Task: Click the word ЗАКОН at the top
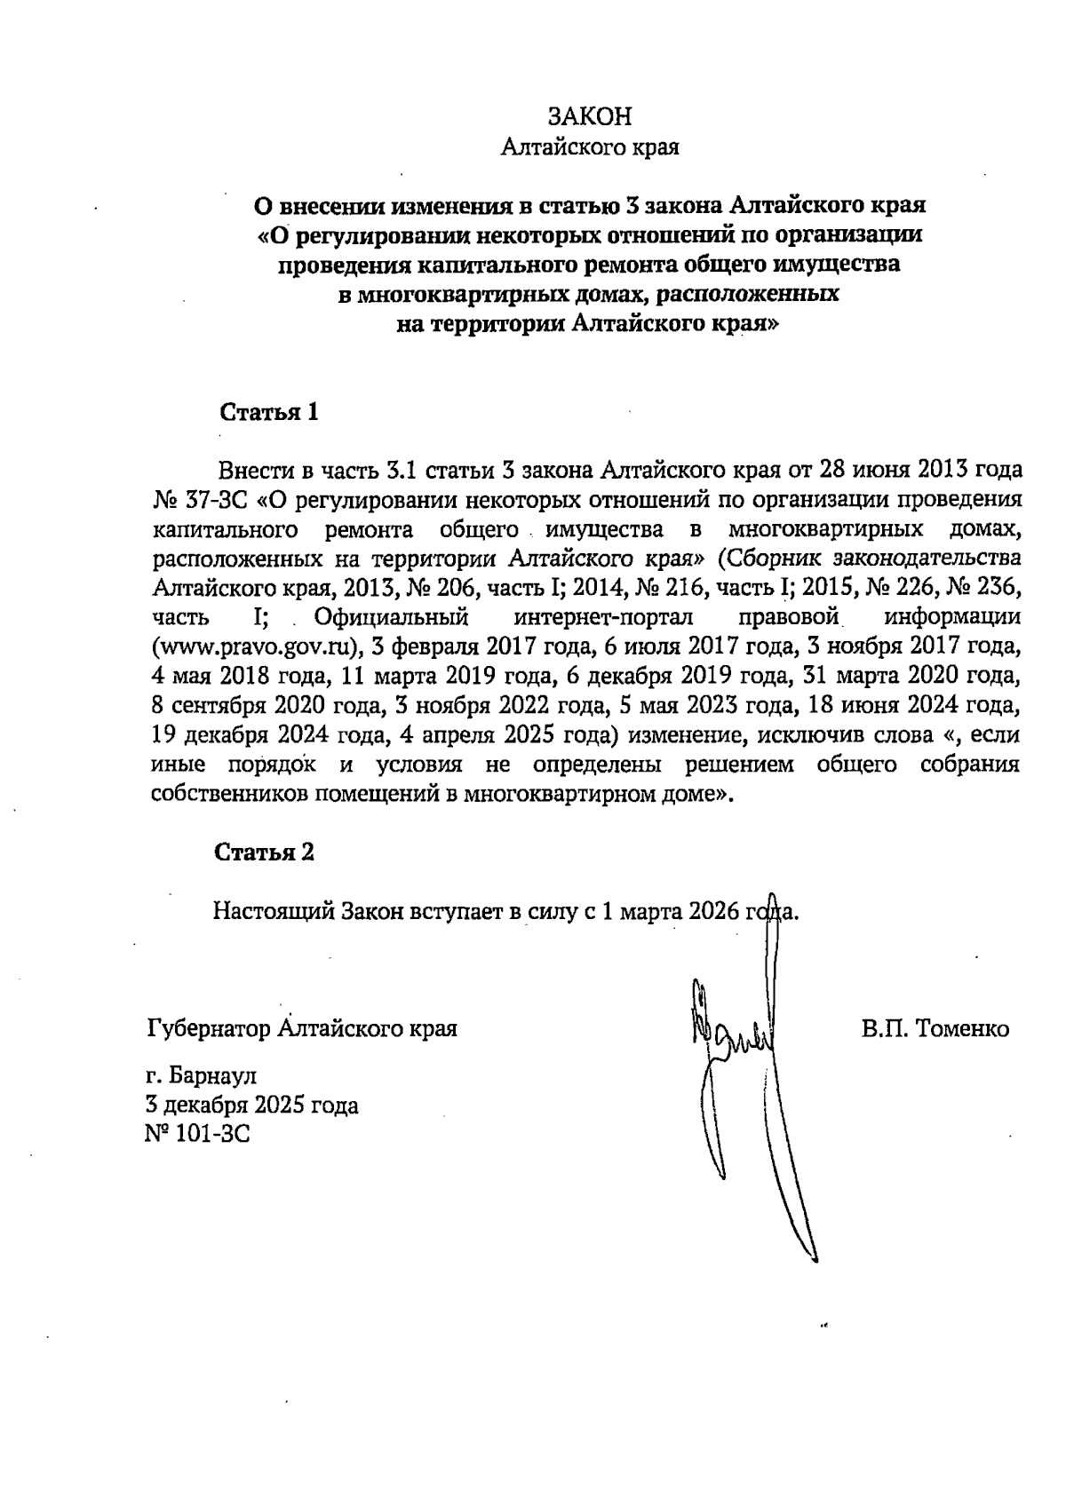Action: click(590, 117)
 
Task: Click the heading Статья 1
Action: click(268, 413)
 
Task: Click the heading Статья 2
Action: click(265, 852)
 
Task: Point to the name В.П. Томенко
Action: click(935, 1029)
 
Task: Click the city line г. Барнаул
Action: click(201, 1076)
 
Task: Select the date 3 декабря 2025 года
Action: click(252, 1106)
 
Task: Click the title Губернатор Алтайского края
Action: click(302, 1029)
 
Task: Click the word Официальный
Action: click(391, 616)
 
